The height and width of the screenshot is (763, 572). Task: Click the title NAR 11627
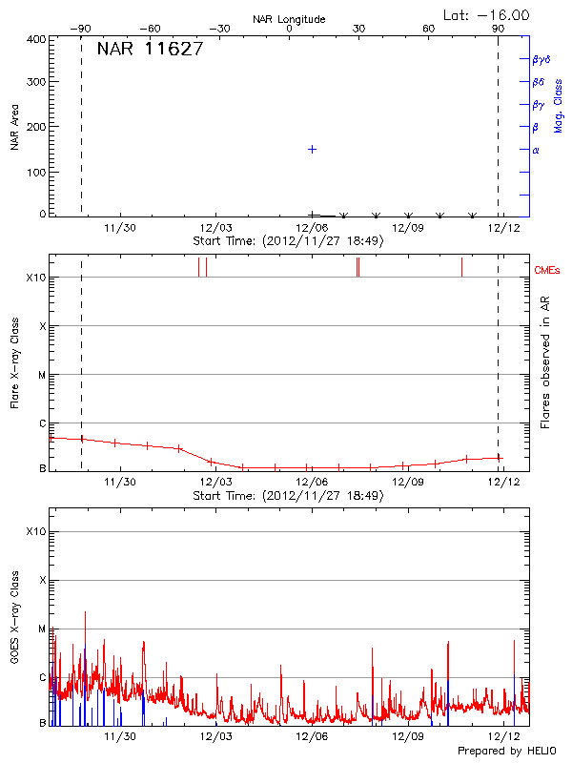pyautogui.click(x=150, y=51)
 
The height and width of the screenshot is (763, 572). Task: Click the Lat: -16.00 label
pyautogui.click(x=487, y=15)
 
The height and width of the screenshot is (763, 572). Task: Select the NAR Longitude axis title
pyautogui.click(x=289, y=19)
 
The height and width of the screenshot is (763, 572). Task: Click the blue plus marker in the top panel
pyautogui.click(x=312, y=150)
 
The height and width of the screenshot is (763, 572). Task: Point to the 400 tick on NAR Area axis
pyautogui.click(x=37, y=40)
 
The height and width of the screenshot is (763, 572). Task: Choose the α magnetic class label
pyautogui.click(x=536, y=151)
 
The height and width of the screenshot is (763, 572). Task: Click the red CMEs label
pyautogui.click(x=547, y=272)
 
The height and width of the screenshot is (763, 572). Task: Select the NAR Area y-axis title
pyautogui.click(x=15, y=129)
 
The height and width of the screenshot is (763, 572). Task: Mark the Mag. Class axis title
pyautogui.click(x=559, y=105)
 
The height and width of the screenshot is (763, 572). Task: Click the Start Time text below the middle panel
pyautogui.click(x=288, y=496)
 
